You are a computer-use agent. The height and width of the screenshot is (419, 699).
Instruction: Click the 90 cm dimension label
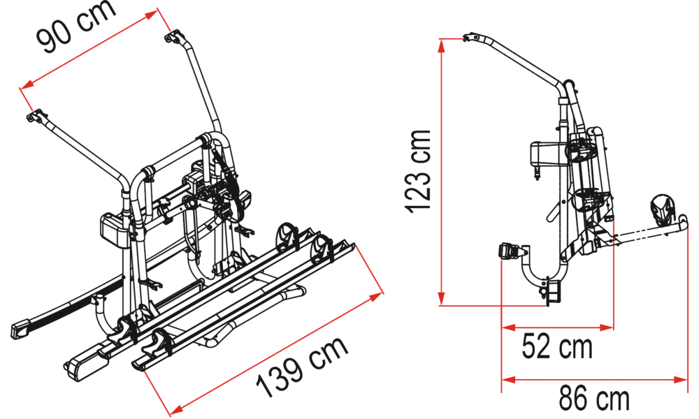pos(77,26)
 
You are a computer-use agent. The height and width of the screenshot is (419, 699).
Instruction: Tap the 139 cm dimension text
pos(302,366)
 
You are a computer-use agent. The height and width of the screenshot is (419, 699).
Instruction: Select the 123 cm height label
pos(418,171)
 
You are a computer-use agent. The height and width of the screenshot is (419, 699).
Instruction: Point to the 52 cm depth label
pos(557,347)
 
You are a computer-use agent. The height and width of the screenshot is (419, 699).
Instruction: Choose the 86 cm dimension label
pos(594,399)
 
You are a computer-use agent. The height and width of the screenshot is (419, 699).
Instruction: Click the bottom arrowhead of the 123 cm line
pos(441,299)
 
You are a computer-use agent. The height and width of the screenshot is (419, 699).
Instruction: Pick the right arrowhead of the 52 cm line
pos(607,328)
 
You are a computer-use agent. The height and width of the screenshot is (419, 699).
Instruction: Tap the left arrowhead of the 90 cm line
pos(27,84)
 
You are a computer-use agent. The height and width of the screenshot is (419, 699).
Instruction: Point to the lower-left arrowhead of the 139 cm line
pos(177,408)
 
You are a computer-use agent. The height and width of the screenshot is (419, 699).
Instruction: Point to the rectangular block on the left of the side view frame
pos(541,154)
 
